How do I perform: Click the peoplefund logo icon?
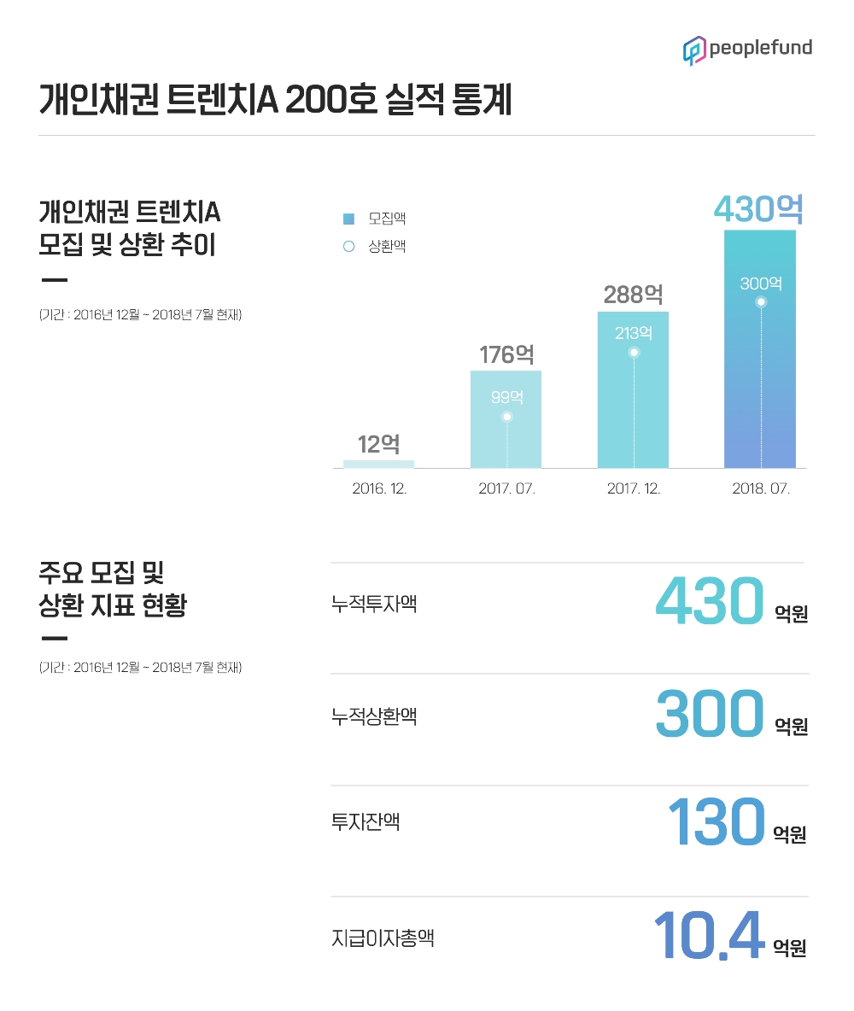pyautogui.click(x=693, y=50)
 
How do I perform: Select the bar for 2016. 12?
pyautogui.click(x=378, y=464)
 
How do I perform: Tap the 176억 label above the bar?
pyautogui.click(x=507, y=354)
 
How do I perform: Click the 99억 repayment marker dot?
pyautogui.click(x=506, y=418)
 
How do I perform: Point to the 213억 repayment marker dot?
pyautogui.click(x=634, y=353)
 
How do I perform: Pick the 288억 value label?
pyautogui.click(x=633, y=295)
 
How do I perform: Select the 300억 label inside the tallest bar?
pyautogui.click(x=760, y=283)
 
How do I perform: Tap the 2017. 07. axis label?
pyautogui.click(x=506, y=490)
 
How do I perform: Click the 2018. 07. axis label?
pyautogui.click(x=761, y=490)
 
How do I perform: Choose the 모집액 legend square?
pyautogui.click(x=348, y=219)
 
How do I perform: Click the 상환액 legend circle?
pyautogui.click(x=348, y=247)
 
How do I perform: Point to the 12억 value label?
pyautogui.click(x=378, y=444)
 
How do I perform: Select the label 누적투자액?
pyautogui.click(x=374, y=605)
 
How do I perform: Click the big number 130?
pyautogui.click(x=716, y=822)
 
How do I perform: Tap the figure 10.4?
pyautogui.click(x=708, y=935)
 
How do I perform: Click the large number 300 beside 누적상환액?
pyautogui.click(x=709, y=713)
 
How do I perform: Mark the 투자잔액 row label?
pyautogui.click(x=366, y=822)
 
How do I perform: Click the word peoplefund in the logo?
pyautogui.click(x=760, y=49)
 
